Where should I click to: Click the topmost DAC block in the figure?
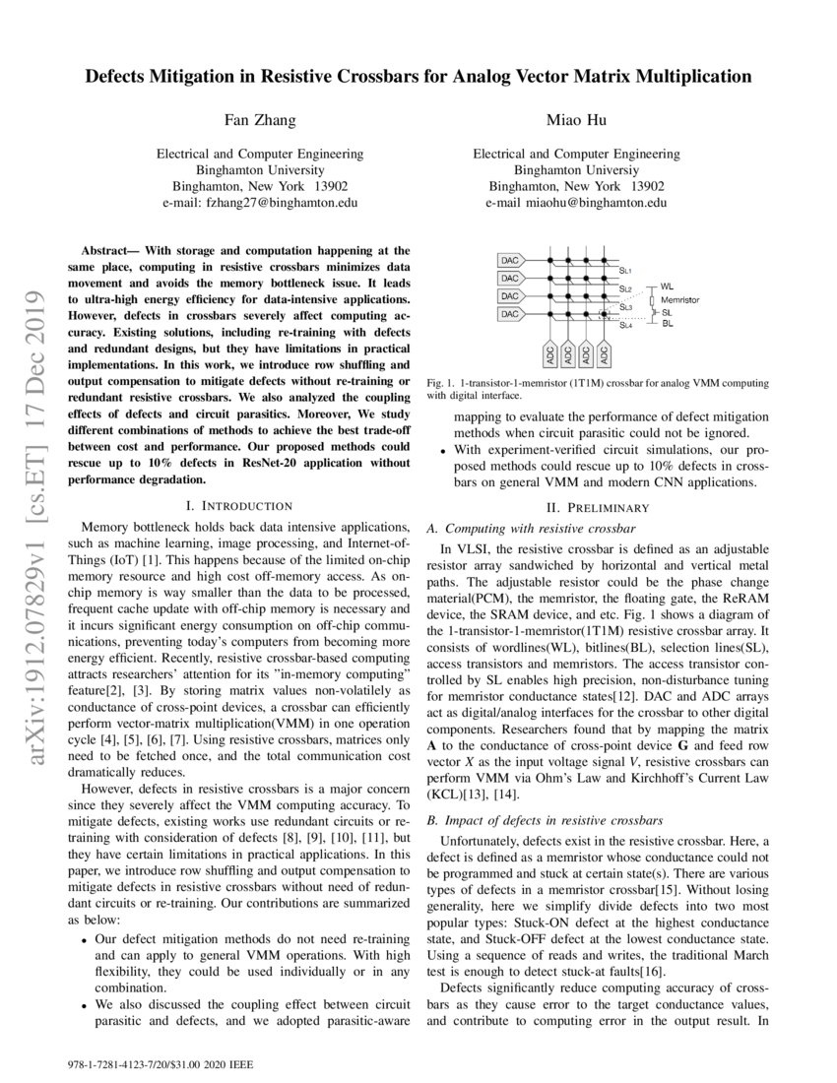pos(509,262)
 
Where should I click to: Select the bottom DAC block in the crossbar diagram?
pos(509,313)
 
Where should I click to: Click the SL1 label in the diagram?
pos(625,269)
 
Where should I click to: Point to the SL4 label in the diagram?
pos(626,325)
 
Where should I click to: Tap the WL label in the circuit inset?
pos(667,287)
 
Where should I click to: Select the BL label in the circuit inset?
pos(667,323)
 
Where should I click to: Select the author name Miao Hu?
pos(576,120)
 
